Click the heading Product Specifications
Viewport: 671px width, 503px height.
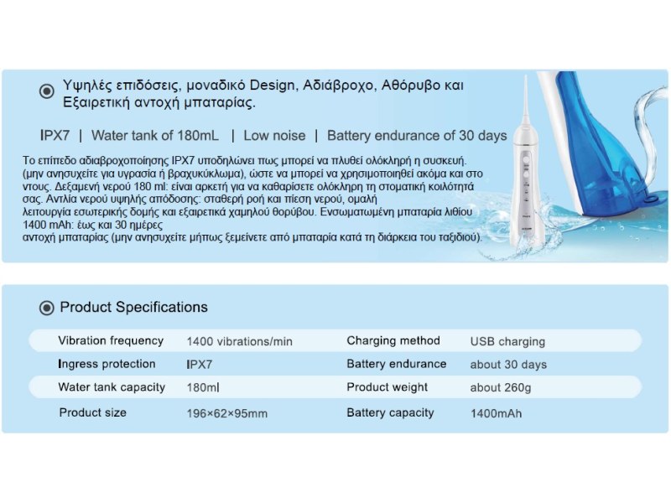click(x=133, y=307)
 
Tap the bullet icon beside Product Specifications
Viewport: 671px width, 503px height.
click(x=47, y=308)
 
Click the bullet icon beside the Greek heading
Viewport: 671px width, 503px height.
click(x=47, y=91)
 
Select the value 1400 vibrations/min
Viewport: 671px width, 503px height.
click(x=240, y=341)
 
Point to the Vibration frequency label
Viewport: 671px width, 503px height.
click(x=111, y=340)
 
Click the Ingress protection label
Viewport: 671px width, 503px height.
click(x=107, y=364)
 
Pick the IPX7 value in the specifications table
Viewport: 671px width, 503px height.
click(x=200, y=365)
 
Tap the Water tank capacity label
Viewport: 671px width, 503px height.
click(x=112, y=387)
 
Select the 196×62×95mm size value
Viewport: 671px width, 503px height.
click(x=227, y=413)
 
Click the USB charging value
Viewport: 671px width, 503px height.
click(x=507, y=341)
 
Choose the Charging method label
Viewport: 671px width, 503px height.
click(x=393, y=340)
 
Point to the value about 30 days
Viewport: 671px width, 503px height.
click(x=508, y=365)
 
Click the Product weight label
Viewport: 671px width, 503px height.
click(x=387, y=387)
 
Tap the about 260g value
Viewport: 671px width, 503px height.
click(x=501, y=387)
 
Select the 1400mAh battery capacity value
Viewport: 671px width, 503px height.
click(x=497, y=413)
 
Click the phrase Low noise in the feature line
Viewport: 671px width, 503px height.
click(x=275, y=136)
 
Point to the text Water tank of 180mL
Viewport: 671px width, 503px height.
click(x=155, y=136)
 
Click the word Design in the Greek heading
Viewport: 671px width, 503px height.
click(x=272, y=86)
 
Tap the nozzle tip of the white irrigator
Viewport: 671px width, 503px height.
click(x=525, y=77)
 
